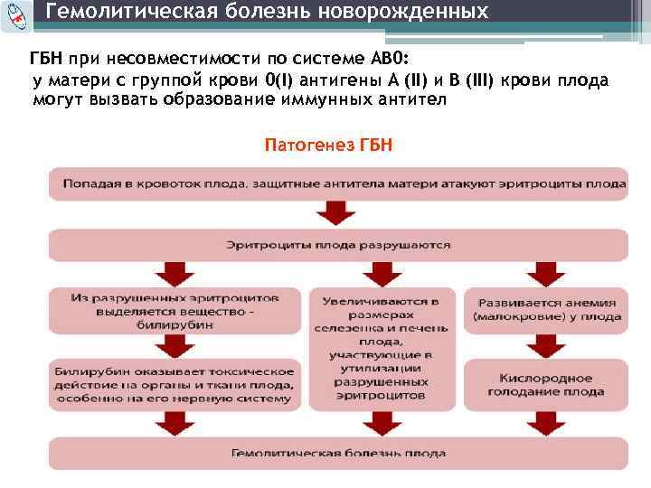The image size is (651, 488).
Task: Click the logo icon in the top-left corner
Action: [x=17, y=17]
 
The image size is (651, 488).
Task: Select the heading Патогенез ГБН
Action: [x=328, y=145]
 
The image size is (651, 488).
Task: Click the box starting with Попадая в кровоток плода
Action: [x=338, y=184]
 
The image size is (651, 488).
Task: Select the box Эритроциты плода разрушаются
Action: [x=338, y=245]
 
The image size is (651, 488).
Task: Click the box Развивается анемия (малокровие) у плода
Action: [x=546, y=310]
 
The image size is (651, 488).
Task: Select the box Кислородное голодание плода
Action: [x=546, y=384]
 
